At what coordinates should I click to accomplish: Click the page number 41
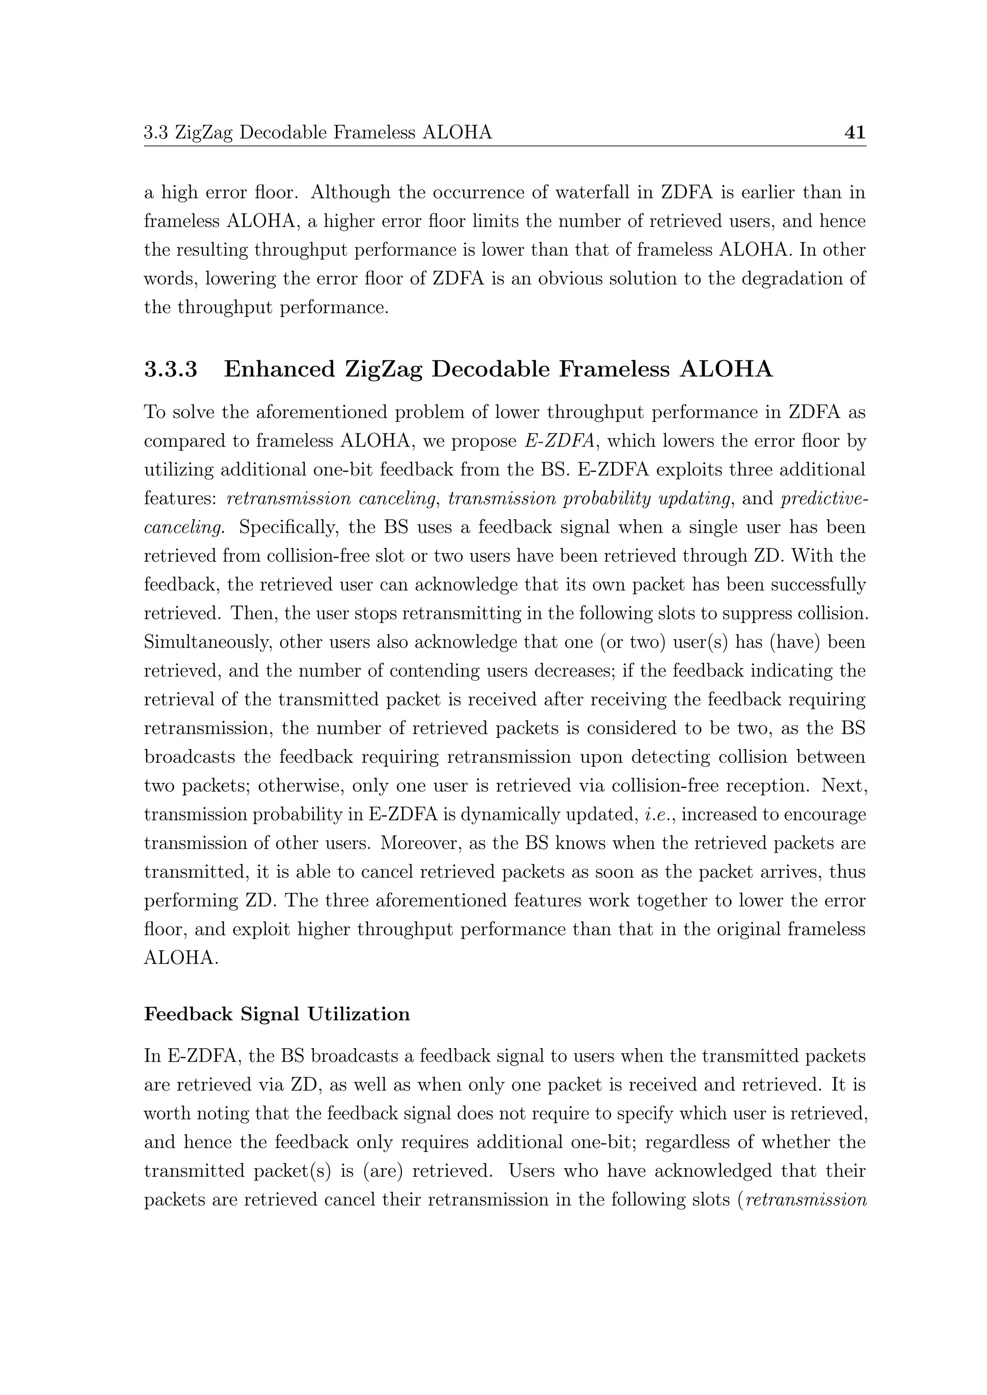[x=854, y=132]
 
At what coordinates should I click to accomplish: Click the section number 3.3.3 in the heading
[x=171, y=369]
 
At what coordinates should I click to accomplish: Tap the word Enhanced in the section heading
[x=280, y=369]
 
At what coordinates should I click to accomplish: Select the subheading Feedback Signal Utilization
[x=277, y=1014]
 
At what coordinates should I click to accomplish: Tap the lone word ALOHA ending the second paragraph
[x=181, y=958]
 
